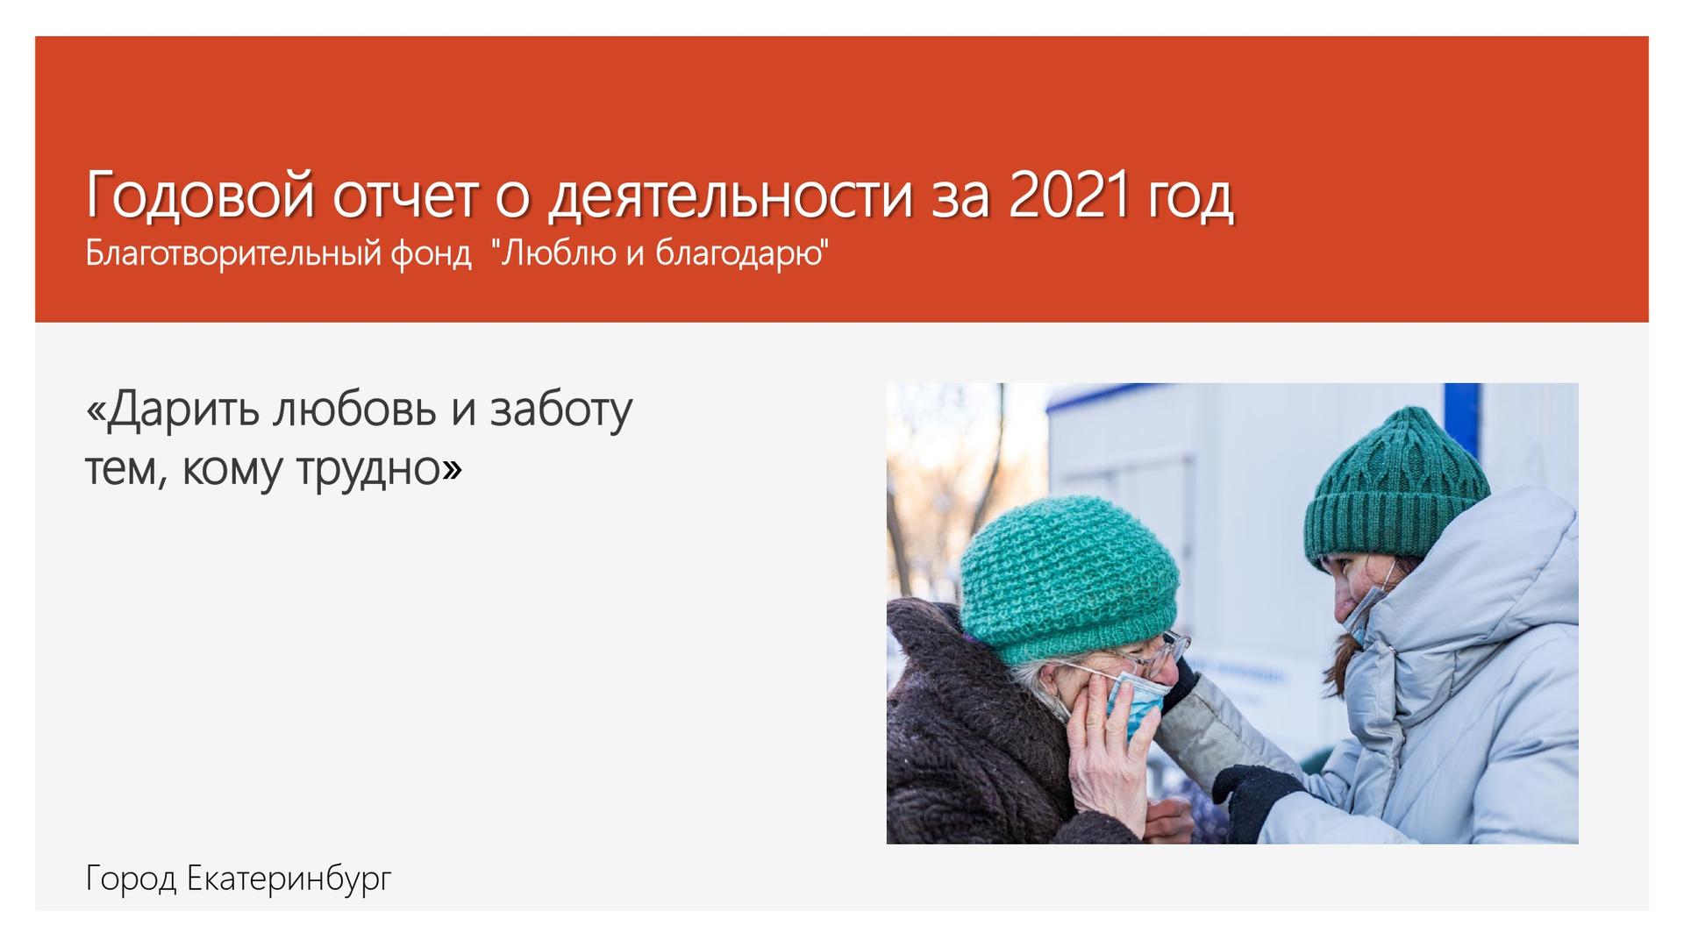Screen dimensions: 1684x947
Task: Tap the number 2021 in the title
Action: (1068, 193)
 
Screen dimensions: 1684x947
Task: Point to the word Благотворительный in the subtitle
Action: (232, 254)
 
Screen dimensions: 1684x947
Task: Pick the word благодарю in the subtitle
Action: (740, 254)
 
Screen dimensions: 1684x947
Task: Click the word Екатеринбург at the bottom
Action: (289, 878)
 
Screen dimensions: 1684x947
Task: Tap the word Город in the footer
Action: (131, 878)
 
